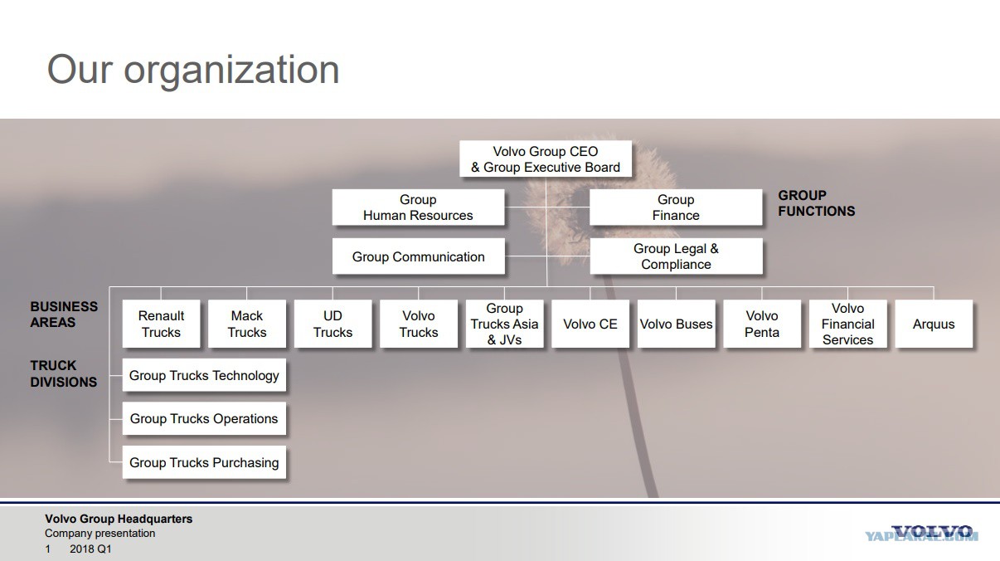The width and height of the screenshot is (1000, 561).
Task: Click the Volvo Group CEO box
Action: [x=546, y=159]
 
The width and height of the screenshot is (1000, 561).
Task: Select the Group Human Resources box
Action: [x=418, y=207]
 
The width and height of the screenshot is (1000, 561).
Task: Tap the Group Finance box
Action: [x=676, y=207]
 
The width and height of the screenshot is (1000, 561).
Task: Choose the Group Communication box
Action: [x=418, y=256]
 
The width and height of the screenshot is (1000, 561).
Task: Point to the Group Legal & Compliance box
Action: [x=676, y=256]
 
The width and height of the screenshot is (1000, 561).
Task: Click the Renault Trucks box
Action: [x=161, y=324]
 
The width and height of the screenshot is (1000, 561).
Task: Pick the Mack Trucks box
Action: [x=247, y=324]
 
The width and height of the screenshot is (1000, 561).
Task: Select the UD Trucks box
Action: [x=333, y=324]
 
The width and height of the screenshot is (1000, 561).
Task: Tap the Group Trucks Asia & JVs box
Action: [x=504, y=324]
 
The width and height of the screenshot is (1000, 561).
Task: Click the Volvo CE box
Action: [x=590, y=324]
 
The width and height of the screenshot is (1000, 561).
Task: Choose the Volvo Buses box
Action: [x=676, y=324]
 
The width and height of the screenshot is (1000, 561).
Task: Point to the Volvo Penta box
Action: [x=762, y=324]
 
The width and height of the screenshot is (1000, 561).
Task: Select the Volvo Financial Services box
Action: [x=847, y=324]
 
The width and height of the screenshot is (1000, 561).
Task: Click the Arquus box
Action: [x=934, y=324]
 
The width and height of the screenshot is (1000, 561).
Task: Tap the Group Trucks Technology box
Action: [x=204, y=375]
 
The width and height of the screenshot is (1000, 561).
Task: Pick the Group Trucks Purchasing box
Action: [x=204, y=462]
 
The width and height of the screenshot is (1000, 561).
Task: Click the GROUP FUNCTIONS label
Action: [x=817, y=203]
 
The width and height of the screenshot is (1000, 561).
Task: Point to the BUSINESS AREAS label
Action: [x=64, y=315]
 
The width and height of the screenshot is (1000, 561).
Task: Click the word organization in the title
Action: [x=231, y=71]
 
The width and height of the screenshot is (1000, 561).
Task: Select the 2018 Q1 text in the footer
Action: [x=90, y=549]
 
